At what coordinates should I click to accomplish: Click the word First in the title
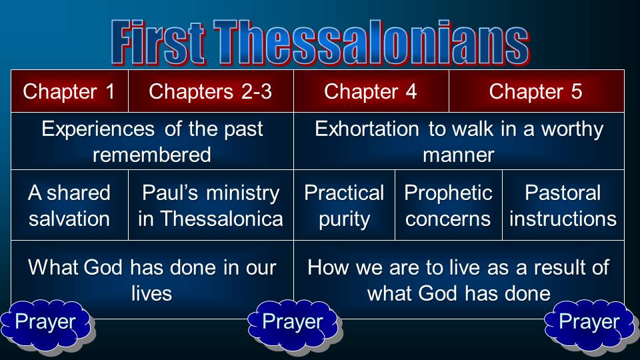pos(157,43)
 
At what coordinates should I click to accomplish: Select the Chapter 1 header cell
pos(70,91)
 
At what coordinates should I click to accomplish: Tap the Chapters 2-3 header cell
pos(211,91)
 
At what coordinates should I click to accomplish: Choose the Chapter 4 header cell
pos(371,91)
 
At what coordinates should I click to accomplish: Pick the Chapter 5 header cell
pos(536,91)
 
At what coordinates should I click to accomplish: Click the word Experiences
pos(98,129)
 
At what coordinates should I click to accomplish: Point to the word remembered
pos(152,155)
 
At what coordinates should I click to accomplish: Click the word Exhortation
pos(367,129)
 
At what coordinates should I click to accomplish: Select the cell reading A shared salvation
pos(70,205)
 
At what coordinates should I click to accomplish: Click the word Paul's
pos(170,193)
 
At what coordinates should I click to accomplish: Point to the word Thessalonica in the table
pos(221,219)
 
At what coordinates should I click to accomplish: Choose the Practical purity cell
pos(344,205)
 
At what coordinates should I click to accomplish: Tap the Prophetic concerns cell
pos(449,205)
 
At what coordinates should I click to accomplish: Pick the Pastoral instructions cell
pos(563,205)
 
